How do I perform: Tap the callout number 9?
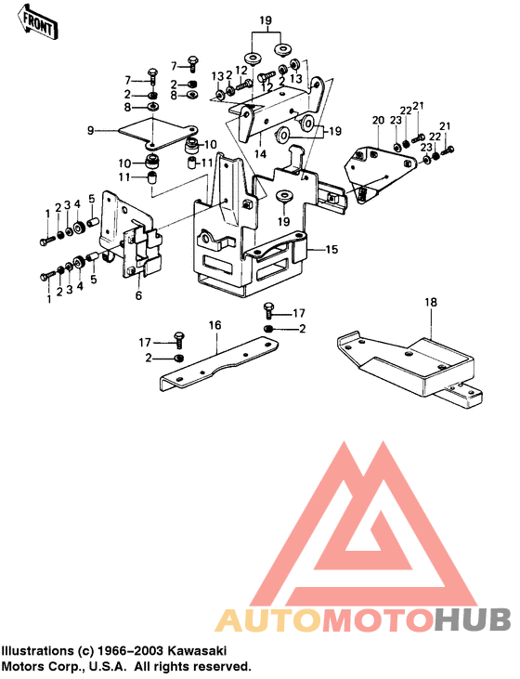click(x=90, y=130)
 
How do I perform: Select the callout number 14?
click(x=261, y=154)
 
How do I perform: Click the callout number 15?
click(x=331, y=250)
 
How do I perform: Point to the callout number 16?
click(x=214, y=325)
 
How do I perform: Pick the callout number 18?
click(x=431, y=302)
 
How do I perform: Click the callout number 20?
click(x=378, y=120)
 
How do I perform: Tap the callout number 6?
click(x=138, y=295)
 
